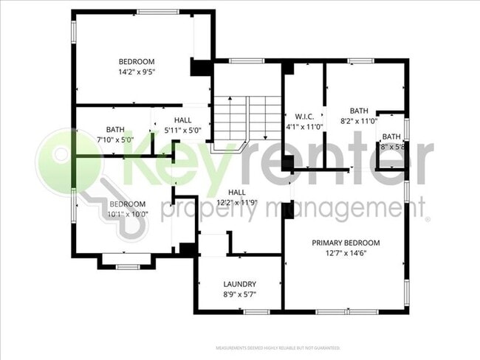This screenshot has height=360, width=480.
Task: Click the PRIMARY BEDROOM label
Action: pyautogui.click(x=346, y=243)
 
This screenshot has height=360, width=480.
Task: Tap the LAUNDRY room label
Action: pyautogui.click(x=240, y=284)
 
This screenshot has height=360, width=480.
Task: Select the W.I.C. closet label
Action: pyautogui.click(x=304, y=116)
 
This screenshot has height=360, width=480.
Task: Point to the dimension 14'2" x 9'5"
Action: pyautogui.click(x=137, y=72)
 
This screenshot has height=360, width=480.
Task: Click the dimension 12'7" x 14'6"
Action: pyautogui.click(x=346, y=253)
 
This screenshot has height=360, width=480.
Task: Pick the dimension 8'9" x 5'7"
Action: pyautogui.click(x=240, y=294)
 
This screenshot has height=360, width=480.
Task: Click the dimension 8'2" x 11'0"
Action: pyautogui.click(x=359, y=121)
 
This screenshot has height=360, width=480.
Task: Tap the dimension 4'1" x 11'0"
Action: pyautogui.click(x=304, y=126)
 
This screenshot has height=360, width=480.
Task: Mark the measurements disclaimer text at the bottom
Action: pyautogui.click(x=278, y=347)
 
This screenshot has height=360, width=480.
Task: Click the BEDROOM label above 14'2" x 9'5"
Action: pyautogui.click(x=137, y=61)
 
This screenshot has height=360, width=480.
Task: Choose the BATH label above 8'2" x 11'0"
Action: pyautogui.click(x=359, y=111)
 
